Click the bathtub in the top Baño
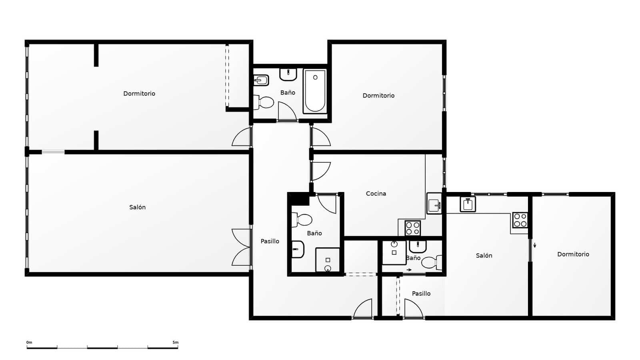click(315, 91)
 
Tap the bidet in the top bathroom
click(261, 80)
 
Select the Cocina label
click(376, 194)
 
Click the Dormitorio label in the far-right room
click(573, 254)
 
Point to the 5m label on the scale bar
click(175, 342)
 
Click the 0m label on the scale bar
click(29, 342)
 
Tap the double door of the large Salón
click(241, 247)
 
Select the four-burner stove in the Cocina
click(413, 228)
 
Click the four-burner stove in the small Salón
click(520, 220)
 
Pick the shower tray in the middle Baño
click(328, 260)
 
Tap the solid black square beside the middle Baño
click(298, 199)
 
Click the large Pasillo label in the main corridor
click(270, 241)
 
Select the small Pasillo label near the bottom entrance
click(421, 294)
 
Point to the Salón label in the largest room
click(137, 207)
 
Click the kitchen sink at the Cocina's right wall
click(434, 205)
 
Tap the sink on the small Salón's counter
click(468, 204)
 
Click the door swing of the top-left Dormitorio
click(241, 137)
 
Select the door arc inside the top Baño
click(286, 111)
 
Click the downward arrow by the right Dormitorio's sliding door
click(535, 245)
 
